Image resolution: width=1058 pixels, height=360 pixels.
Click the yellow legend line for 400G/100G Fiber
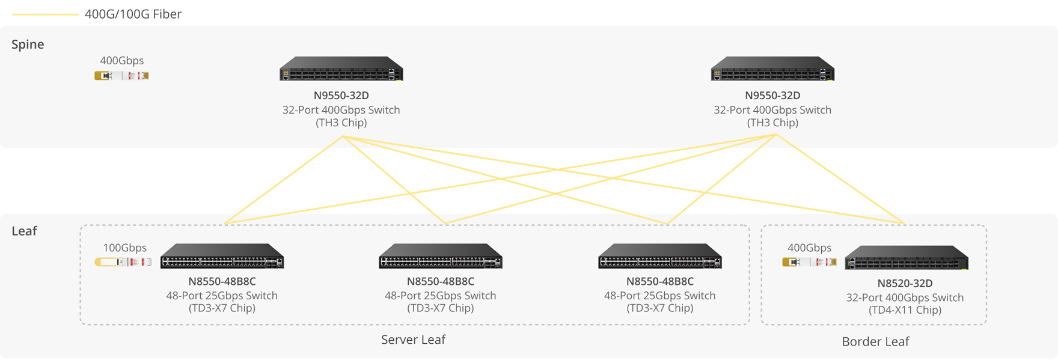tap(45, 14)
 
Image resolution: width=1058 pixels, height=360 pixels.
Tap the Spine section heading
tap(28, 44)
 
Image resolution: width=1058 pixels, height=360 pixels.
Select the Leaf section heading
tap(24, 231)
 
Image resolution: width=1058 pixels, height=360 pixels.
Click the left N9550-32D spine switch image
tap(341, 69)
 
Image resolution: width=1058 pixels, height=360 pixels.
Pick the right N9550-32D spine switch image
tap(772, 69)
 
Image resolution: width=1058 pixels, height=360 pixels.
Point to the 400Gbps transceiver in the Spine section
tap(121, 76)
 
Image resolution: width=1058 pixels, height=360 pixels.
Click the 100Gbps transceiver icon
tap(123, 262)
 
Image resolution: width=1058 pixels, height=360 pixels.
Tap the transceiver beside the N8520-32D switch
tap(809, 262)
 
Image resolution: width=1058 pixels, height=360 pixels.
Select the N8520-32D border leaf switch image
tap(907, 258)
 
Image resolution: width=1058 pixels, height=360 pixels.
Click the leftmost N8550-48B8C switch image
tap(222, 256)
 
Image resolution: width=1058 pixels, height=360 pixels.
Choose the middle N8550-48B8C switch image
tap(441, 256)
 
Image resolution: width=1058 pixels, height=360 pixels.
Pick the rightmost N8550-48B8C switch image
tap(660, 256)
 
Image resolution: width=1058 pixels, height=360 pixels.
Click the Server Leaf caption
tap(413, 340)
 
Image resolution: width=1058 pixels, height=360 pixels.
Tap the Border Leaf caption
tap(875, 341)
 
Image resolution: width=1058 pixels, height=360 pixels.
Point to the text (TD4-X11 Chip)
tap(905, 310)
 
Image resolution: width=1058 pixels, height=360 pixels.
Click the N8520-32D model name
tap(905, 283)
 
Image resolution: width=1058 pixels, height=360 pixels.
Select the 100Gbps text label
tap(124, 248)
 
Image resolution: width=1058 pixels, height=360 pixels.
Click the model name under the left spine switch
tap(341, 96)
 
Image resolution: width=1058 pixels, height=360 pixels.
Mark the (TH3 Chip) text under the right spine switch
tap(772, 123)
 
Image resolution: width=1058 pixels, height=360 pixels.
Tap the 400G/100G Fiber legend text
tap(133, 14)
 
